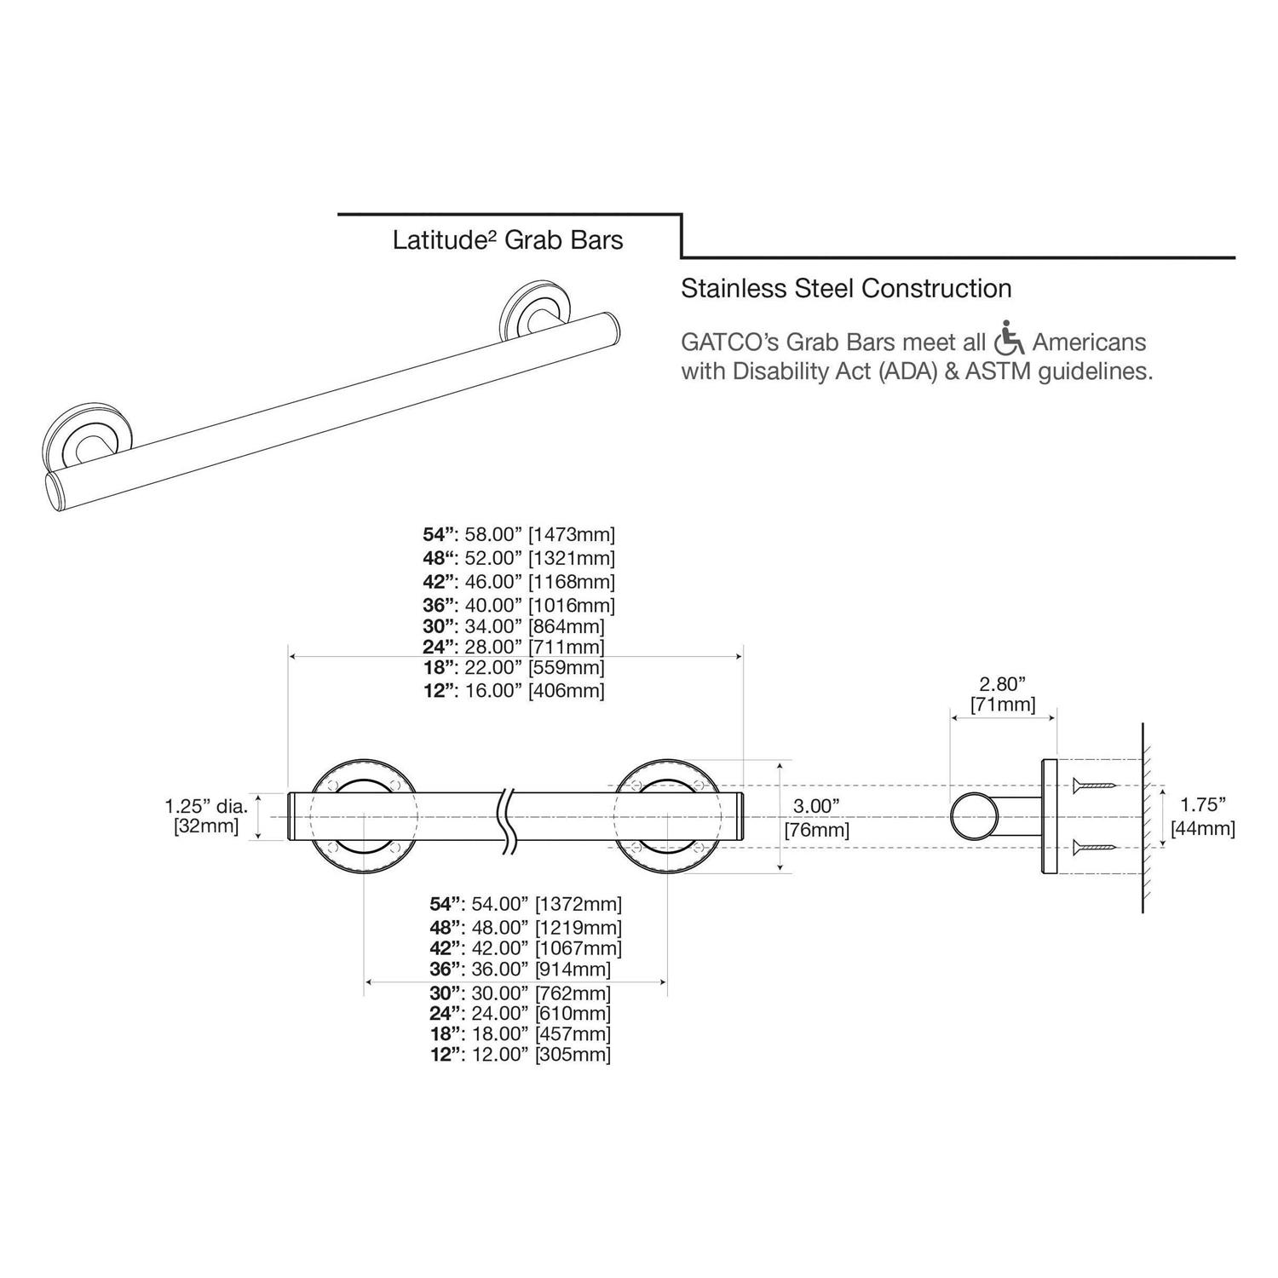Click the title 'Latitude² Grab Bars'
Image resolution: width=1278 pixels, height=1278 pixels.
[x=508, y=240]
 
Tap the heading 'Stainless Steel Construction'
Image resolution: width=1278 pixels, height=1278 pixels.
[x=846, y=289]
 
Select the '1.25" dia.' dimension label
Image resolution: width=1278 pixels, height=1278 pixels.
[x=206, y=805]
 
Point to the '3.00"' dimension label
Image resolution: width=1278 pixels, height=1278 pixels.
[x=816, y=805]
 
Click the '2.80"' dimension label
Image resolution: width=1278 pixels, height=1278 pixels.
[x=1002, y=683]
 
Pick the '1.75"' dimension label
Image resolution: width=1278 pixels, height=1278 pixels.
[x=1202, y=803]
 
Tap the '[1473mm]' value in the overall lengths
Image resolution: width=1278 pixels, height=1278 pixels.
[x=571, y=535]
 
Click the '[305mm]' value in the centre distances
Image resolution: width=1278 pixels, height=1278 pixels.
[x=572, y=1055]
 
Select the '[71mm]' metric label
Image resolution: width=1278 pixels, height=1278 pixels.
[x=1003, y=705]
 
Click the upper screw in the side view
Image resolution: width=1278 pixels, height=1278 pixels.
[x=1095, y=783]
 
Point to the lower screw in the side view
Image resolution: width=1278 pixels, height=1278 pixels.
[x=1095, y=846]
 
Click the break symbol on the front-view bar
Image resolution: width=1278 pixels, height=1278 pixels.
[x=509, y=818]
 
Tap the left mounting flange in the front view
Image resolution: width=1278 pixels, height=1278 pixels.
[x=364, y=817]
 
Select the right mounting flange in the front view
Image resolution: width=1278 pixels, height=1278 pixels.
[x=666, y=817]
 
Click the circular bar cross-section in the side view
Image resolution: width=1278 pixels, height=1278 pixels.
[x=974, y=816]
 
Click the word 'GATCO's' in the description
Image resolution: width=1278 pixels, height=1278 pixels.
[x=729, y=343]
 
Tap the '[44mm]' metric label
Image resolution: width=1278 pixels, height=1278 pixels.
[x=1202, y=827]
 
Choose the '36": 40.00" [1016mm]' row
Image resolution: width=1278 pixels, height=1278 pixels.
[x=518, y=606]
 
